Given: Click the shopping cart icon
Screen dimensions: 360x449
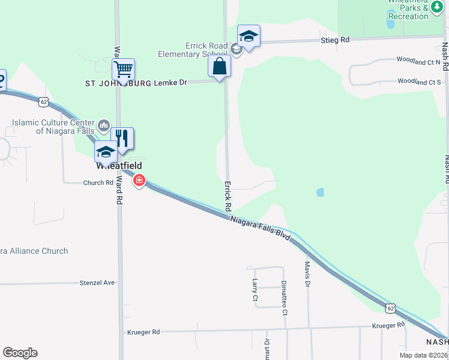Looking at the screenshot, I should pos(123,70).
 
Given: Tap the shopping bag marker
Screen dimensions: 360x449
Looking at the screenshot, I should pos(220,66).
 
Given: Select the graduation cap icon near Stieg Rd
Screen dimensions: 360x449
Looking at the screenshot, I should pos(249,37).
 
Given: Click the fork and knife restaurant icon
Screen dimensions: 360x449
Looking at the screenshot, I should pos(122,139).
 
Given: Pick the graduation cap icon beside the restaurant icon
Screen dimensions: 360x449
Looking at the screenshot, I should pos(106,152).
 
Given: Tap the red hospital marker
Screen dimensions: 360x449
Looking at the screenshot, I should pos(139,180).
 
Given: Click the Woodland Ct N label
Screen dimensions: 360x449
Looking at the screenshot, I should pos(418,61).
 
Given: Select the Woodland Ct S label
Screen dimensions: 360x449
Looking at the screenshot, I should pos(419,82).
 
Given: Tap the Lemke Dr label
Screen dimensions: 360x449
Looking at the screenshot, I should pos(170,82).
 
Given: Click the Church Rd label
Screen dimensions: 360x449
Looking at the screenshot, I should pos(98,183).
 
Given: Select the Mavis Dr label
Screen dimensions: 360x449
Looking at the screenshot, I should pos(307,273).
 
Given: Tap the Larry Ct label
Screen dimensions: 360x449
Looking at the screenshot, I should pos(255,290).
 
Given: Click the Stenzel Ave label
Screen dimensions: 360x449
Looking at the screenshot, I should pos(97,282).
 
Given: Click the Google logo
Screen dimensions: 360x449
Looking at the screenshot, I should pos(20,353).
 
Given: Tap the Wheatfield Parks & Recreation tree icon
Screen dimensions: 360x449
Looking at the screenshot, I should pos(436,7).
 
